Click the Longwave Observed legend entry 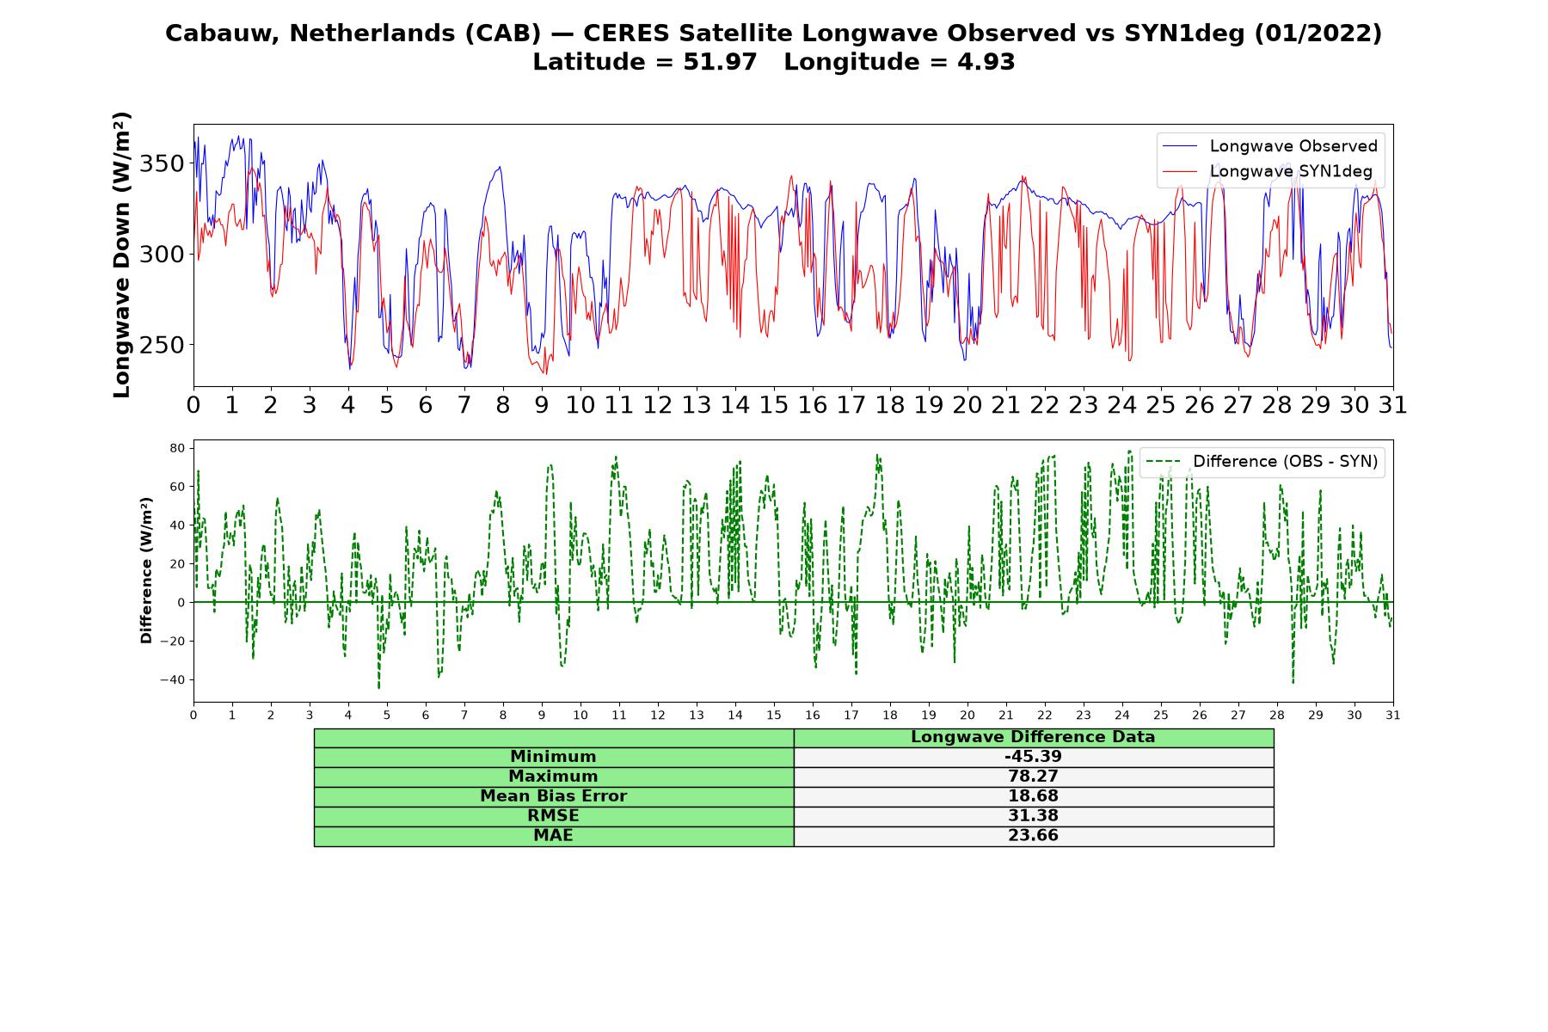(1269, 146)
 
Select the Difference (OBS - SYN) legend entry (1262, 462)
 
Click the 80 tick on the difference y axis (178, 448)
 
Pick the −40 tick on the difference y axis (173, 680)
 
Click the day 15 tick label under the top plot (774, 404)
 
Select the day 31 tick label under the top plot (1393, 404)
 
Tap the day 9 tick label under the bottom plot (542, 716)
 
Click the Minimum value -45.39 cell (1033, 757)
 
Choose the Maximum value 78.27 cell (1033, 777)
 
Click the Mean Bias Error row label (553, 796)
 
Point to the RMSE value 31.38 (1033, 816)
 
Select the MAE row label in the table (553, 836)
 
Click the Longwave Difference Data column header (1033, 737)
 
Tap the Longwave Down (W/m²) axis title (122, 255)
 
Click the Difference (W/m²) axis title (146, 570)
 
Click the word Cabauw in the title (221, 33)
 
